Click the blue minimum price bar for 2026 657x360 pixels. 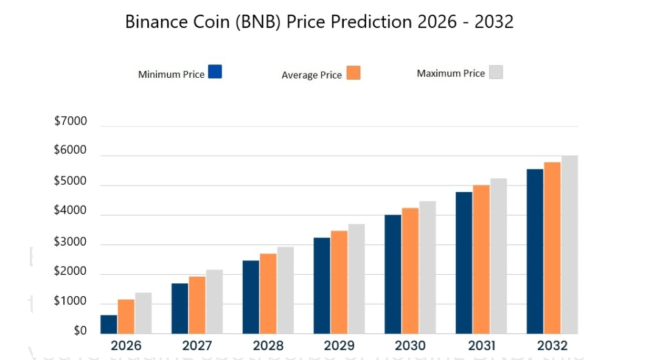[109, 324]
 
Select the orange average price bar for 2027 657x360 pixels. [197, 305]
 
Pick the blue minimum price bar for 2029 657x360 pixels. [322, 285]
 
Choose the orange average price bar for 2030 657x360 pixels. [410, 271]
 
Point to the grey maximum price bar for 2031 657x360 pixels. [498, 256]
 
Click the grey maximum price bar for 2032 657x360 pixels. [569, 244]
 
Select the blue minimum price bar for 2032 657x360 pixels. [535, 251]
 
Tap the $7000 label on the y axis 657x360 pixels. [71, 121]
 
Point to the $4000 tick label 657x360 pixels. [71, 211]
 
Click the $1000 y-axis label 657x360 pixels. [71, 302]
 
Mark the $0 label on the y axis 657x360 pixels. [80, 331]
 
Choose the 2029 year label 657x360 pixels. [339, 346]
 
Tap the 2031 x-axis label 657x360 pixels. [481, 346]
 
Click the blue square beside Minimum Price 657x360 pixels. [215, 72]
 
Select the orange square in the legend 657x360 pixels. [353, 73]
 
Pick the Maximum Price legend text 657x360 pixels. [451, 74]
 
